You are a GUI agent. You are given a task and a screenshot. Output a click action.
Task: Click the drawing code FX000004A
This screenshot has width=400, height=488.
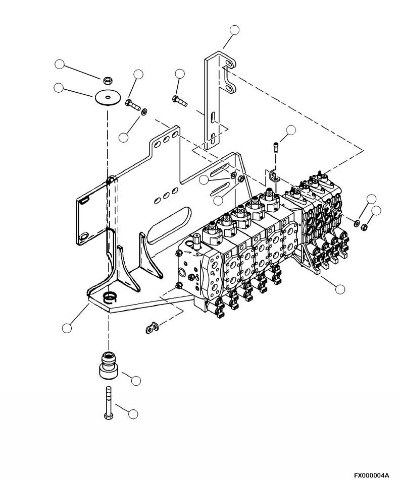(x=371, y=475)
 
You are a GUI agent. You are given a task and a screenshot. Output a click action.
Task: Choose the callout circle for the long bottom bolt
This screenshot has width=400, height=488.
(x=133, y=414)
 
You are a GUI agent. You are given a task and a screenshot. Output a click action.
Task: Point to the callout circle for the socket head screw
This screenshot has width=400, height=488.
(x=291, y=131)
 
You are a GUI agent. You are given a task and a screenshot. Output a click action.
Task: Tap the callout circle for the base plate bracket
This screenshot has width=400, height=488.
(x=66, y=328)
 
